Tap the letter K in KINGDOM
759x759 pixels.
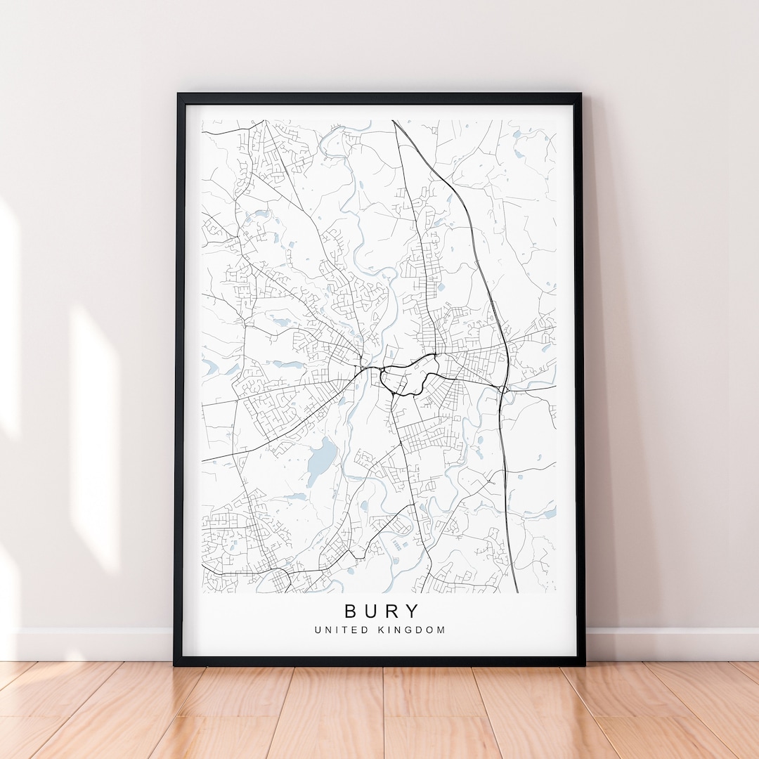tap(382, 630)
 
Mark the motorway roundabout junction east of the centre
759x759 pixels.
tap(503, 389)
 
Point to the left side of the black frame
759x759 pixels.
tap(179, 379)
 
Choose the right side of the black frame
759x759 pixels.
tap(580, 379)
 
